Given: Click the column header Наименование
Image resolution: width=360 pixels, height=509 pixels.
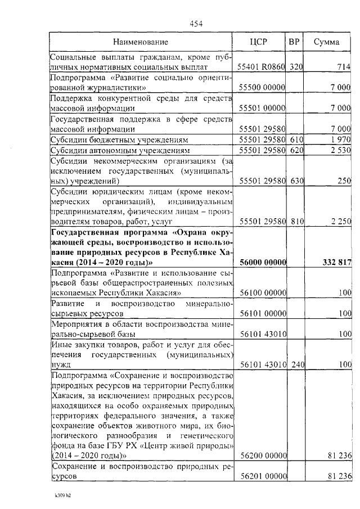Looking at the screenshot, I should tap(140, 42).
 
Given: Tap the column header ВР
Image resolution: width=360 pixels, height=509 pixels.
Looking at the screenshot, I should tap(294, 42).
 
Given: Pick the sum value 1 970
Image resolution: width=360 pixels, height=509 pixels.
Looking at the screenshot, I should tap(341, 139).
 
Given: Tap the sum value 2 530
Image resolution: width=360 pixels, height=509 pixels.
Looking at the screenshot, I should tap(341, 151).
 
